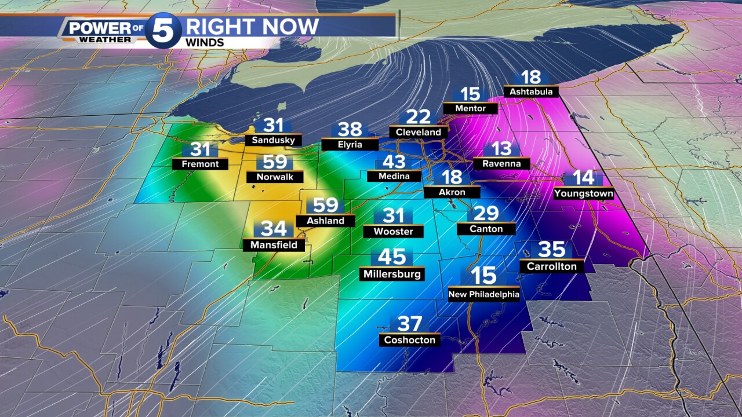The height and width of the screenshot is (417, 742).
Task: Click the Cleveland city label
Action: click(x=419, y=132)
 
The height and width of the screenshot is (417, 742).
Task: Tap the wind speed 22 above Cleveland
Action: click(x=419, y=117)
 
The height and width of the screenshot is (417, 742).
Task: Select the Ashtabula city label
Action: click(x=531, y=92)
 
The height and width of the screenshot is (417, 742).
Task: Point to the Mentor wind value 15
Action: click(x=471, y=94)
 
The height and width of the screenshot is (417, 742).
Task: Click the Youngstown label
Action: click(x=583, y=193)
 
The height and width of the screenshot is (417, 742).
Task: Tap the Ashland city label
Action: click(x=325, y=221)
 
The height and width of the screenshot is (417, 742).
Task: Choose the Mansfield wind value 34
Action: click(x=273, y=229)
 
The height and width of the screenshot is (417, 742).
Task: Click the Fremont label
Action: click(x=200, y=164)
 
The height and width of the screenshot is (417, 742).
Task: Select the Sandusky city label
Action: click(x=273, y=140)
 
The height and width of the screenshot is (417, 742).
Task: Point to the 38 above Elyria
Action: click(x=350, y=130)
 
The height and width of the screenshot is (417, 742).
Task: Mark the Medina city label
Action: click(x=394, y=176)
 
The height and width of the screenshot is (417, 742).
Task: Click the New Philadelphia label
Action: click(x=483, y=294)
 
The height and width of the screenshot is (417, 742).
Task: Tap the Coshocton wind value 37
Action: click(x=409, y=324)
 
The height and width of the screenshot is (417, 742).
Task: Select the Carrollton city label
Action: click(x=551, y=266)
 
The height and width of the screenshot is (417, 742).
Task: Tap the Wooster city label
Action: click(x=393, y=232)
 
